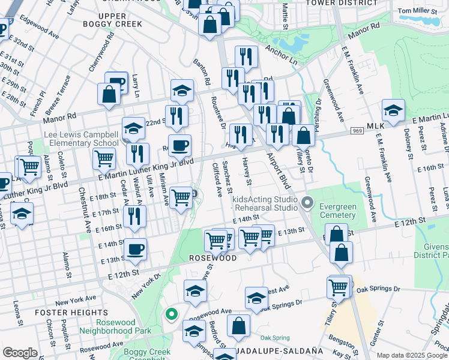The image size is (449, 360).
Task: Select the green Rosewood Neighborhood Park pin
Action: tap(171, 314)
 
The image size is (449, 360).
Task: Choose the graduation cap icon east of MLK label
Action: tap(393, 111)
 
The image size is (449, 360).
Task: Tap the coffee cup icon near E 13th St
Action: tap(135, 248)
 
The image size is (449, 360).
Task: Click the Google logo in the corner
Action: tap(20, 353)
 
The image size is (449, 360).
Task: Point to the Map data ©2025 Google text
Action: tap(412, 356)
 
